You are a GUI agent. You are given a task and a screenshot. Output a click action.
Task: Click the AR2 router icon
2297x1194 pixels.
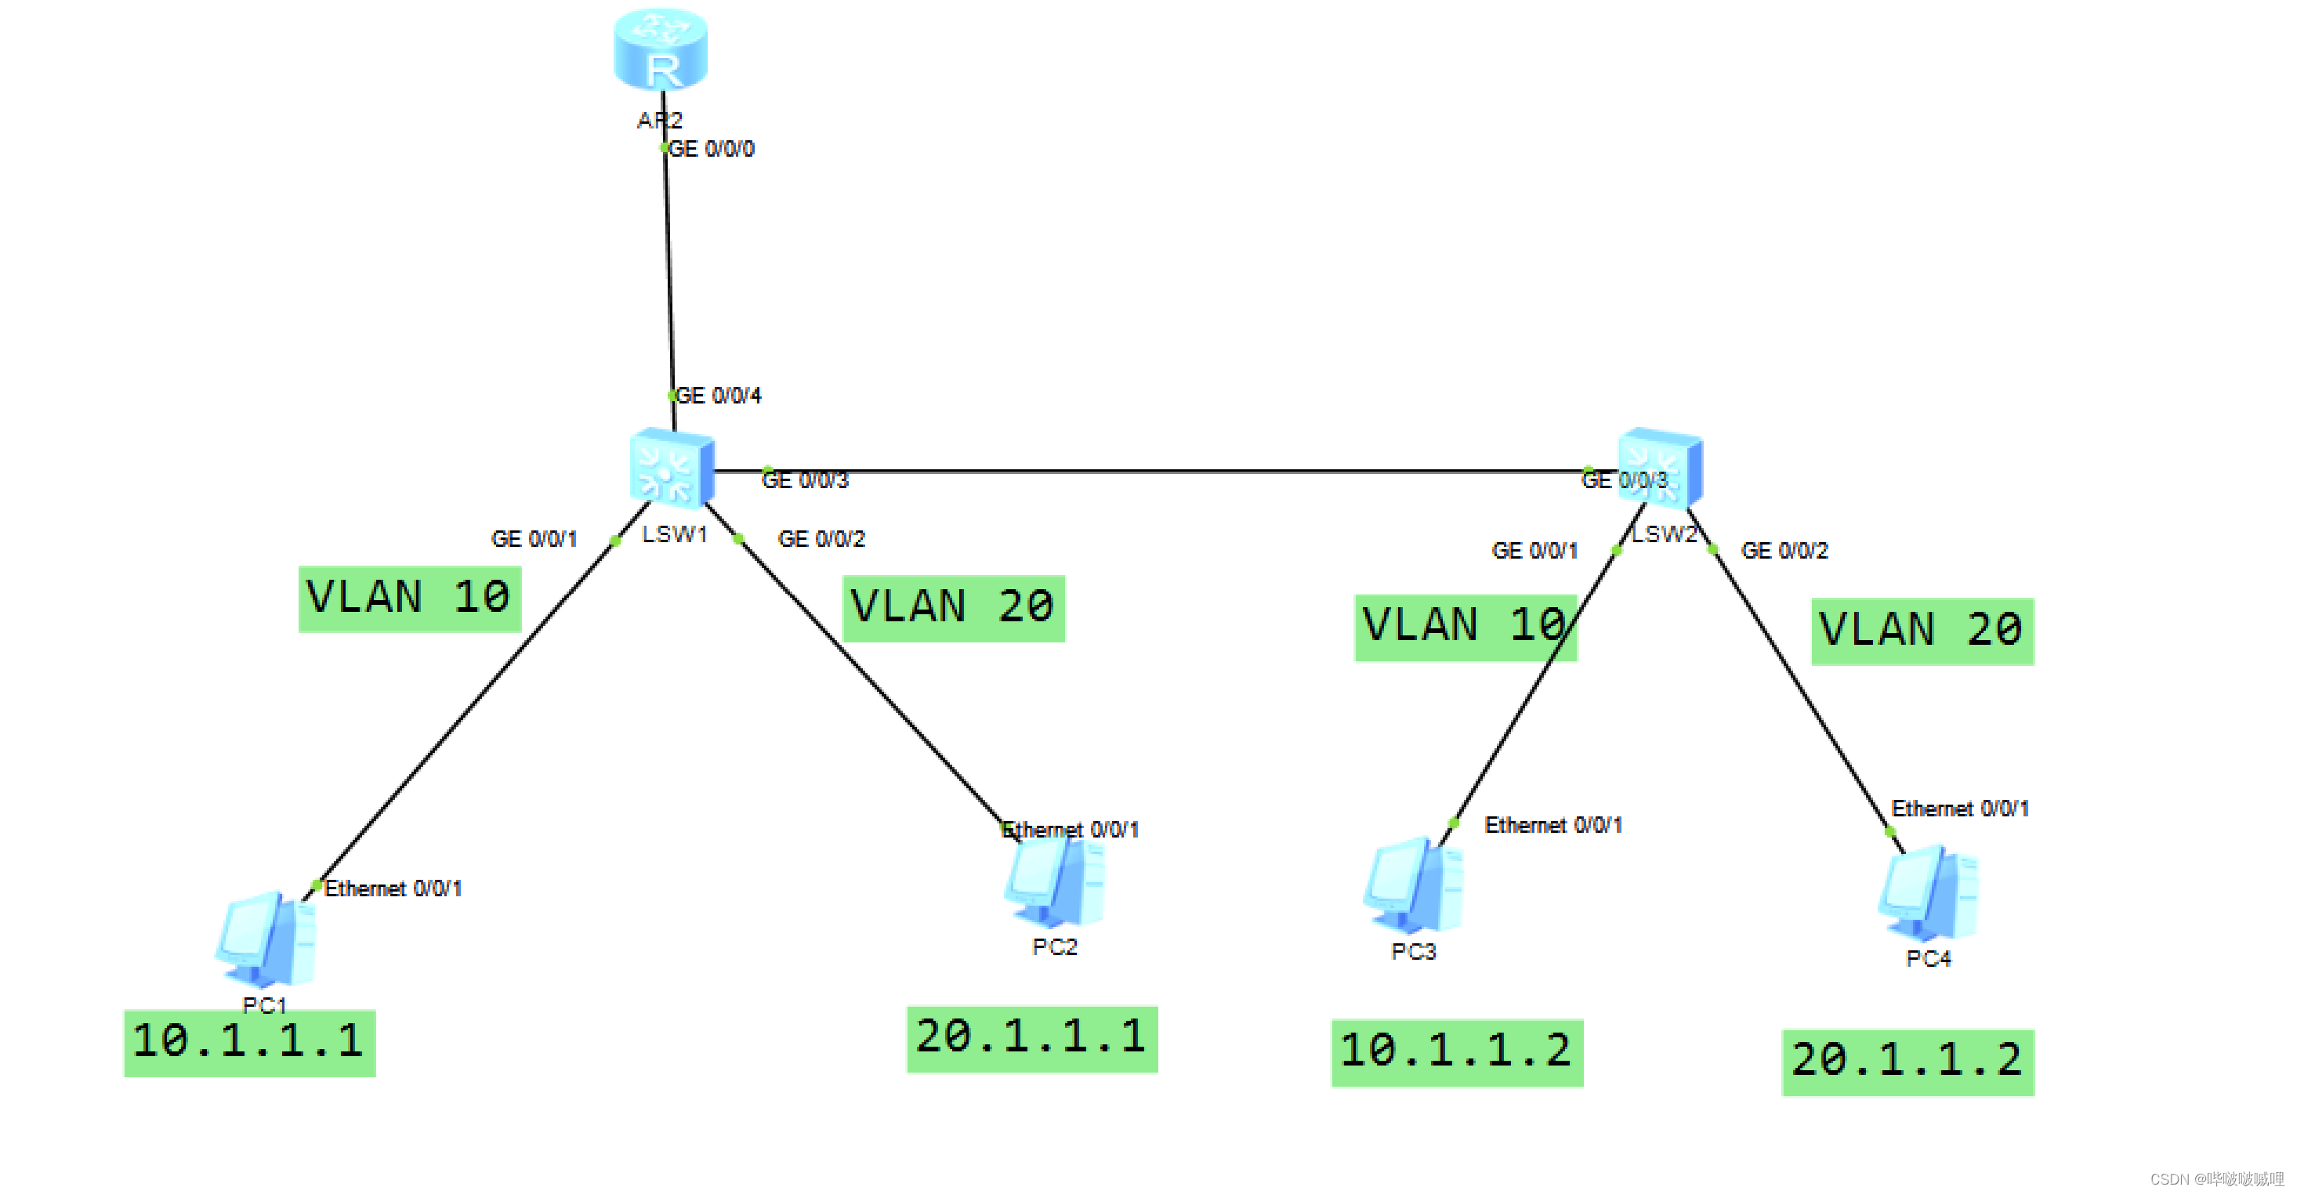pos(661,50)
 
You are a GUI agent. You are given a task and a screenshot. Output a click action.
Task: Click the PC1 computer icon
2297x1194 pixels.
pos(266,939)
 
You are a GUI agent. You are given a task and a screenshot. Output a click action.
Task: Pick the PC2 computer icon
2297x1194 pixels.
pos(1056,881)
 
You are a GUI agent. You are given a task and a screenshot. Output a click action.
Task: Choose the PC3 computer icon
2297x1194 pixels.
pos(1413,886)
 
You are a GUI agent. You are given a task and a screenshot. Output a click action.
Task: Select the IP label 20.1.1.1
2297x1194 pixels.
pos(1031,1038)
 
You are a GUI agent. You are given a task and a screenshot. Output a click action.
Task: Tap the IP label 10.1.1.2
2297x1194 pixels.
pos(1457,1051)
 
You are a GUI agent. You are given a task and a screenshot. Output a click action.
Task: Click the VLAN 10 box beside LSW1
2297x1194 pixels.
pos(409,599)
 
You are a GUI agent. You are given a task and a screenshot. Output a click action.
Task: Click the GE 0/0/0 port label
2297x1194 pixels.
pos(712,149)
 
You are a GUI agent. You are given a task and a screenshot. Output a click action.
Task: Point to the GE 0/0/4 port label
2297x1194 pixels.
pos(719,396)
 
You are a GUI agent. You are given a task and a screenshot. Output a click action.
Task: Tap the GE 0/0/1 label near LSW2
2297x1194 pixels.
pos(1534,551)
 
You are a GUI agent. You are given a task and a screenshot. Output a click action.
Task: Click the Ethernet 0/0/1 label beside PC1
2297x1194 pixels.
pos(393,889)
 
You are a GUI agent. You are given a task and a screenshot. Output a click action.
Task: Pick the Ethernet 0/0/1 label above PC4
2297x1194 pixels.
pos(1960,809)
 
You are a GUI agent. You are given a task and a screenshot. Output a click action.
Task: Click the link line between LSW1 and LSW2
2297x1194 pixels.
pos(1159,470)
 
